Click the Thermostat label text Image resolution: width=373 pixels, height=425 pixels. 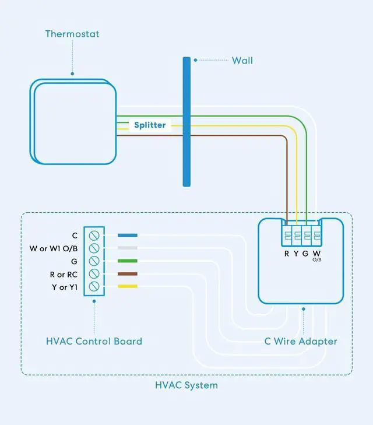click(72, 34)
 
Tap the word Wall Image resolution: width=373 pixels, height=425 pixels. click(242, 60)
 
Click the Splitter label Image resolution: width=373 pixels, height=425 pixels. click(150, 125)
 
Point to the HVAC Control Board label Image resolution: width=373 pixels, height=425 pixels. click(94, 341)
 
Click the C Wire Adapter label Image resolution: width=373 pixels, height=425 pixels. click(301, 341)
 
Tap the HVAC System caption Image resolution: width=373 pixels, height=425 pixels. click(186, 385)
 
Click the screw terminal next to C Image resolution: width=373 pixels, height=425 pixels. click(93, 236)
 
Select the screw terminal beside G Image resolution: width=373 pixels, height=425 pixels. click(93, 261)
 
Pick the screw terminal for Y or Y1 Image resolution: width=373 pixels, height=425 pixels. click(93, 286)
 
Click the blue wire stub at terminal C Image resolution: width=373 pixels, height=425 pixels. click(128, 236)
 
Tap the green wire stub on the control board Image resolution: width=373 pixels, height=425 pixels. click(128, 261)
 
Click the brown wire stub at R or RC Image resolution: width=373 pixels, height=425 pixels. click(128, 273)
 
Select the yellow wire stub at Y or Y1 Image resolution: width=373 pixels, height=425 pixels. click(128, 286)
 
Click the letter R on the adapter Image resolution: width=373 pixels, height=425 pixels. click(287, 253)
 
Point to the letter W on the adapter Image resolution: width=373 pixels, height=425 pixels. click(316, 253)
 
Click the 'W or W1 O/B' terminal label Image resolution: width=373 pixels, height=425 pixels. click(54, 248)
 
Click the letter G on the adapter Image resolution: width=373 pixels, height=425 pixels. click(305, 253)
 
